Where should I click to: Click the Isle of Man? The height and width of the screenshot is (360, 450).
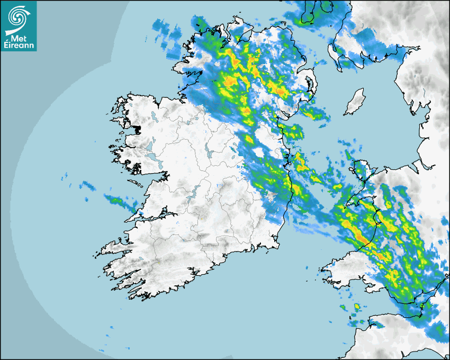point(354,103)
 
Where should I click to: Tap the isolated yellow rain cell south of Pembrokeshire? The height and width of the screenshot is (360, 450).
point(356,307)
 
